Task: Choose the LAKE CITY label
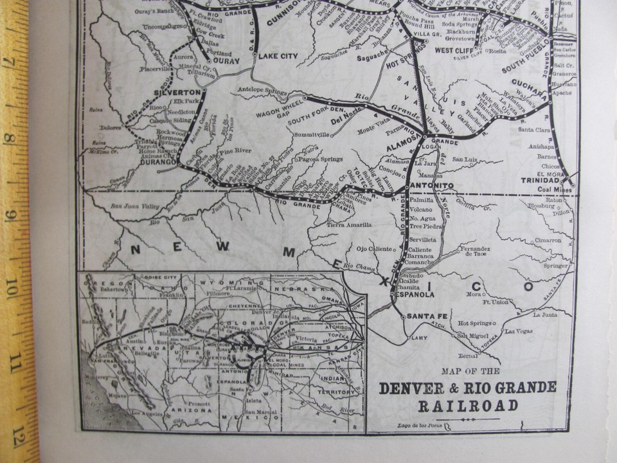click(x=278, y=57)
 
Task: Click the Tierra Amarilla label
click(x=349, y=224)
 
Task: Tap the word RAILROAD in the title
click(x=468, y=405)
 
